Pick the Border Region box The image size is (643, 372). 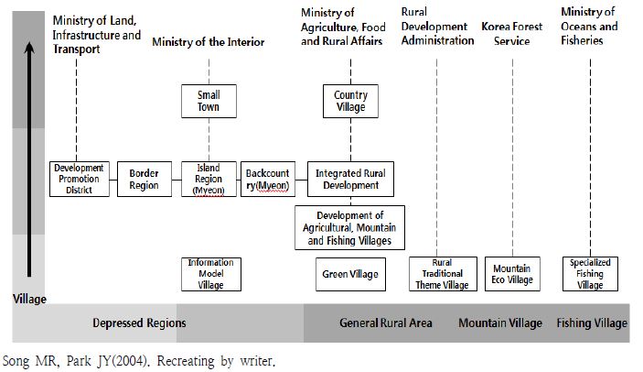[144, 179]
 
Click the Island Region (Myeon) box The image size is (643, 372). [209, 179]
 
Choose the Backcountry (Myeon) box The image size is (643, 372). [267, 179]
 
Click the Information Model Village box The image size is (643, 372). [209, 273]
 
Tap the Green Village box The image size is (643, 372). [349, 273]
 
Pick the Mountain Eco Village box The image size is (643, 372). [511, 273]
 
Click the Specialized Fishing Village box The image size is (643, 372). [590, 273]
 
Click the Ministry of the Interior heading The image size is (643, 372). [208, 42]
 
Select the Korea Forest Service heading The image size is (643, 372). [511, 33]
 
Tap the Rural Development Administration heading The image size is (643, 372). [434, 33]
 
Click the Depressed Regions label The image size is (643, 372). [139, 323]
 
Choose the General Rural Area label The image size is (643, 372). [386, 323]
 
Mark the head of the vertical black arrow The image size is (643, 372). [29, 46]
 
